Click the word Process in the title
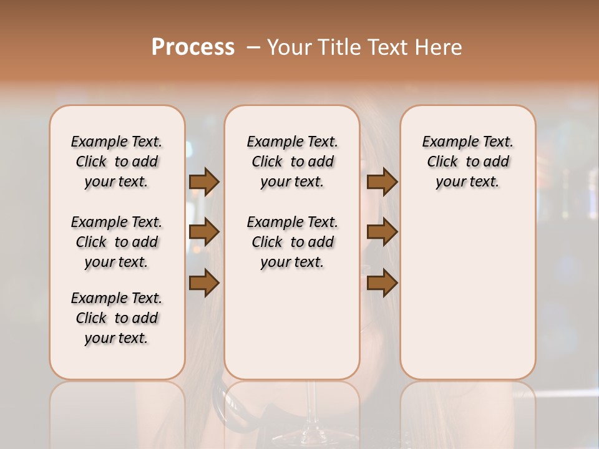click(193, 47)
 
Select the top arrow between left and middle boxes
click(204, 182)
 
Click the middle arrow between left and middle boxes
click(204, 232)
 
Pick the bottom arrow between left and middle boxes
click(204, 282)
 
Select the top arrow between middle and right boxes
click(382, 182)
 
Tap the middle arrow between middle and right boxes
click(382, 232)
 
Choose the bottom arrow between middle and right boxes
click(382, 282)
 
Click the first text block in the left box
click(117, 162)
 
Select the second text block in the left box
click(117, 242)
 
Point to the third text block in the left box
click(117, 318)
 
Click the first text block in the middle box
click(292, 162)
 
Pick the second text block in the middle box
click(292, 242)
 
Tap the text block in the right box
click(467, 162)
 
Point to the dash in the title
click(253, 47)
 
